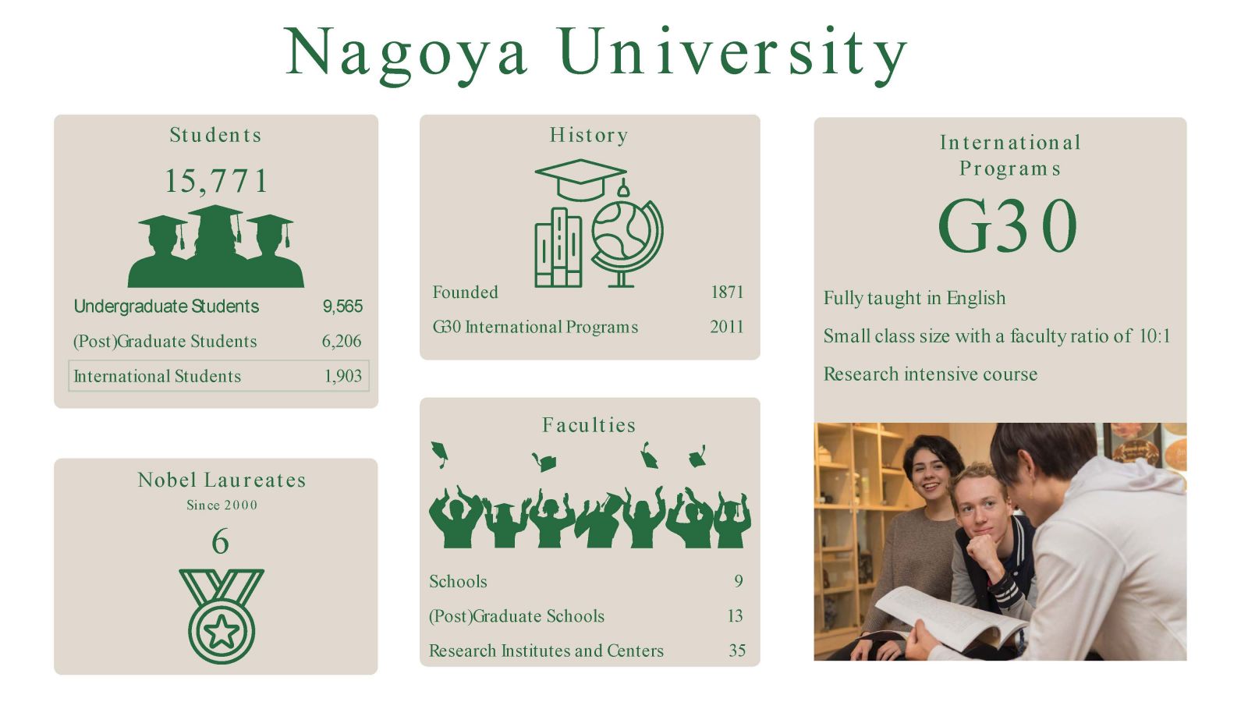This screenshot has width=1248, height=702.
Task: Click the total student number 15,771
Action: tap(216, 181)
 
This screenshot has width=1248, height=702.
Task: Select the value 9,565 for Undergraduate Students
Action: tap(342, 306)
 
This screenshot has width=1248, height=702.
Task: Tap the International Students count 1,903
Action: tap(343, 376)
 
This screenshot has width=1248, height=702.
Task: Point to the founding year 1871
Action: tap(728, 292)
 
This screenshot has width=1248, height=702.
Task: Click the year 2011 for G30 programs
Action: tap(727, 327)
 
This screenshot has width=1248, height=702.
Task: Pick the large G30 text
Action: tap(1008, 225)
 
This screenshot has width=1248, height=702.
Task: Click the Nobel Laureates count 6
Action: tap(220, 541)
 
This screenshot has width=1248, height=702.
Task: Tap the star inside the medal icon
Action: tap(222, 632)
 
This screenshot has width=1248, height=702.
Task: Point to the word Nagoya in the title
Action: tap(406, 54)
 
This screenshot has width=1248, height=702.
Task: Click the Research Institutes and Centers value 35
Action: tap(736, 651)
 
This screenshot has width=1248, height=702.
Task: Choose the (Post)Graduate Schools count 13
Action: tap(736, 615)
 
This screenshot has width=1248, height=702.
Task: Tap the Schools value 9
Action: tap(739, 581)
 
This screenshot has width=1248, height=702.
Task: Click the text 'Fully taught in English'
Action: tap(915, 298)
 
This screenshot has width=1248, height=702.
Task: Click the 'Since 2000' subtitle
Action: tap(222, 505)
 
